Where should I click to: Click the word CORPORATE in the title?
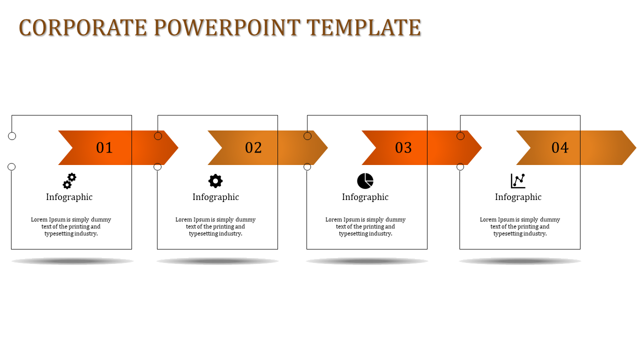click(83, 27)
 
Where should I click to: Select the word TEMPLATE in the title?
click(363, 27)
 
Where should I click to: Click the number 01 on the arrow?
click(104, 147)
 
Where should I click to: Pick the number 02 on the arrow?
click(253, 147)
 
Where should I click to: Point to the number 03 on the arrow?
click(403, 147)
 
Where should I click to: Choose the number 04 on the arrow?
click(560, 147)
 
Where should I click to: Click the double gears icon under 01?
click(69, 181)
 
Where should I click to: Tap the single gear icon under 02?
click(215, 181)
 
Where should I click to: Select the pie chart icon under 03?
click(365, 181)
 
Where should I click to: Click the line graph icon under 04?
click(518, 181)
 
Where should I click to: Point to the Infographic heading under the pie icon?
click(365, 197)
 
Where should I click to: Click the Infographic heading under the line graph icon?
click(518, 197)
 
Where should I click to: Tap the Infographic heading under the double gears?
click(69, 197)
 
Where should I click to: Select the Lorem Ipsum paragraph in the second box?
click(215, 226)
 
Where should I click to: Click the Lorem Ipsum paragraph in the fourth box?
click(520, 226)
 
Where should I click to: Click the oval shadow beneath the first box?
click(72, 261)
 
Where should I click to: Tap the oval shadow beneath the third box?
click(367, 261)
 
